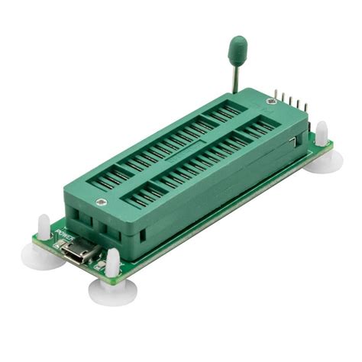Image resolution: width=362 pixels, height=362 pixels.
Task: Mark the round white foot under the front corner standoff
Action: (x=112, y=289)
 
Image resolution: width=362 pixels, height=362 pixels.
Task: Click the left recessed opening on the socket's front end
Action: (x=81, y=225)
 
